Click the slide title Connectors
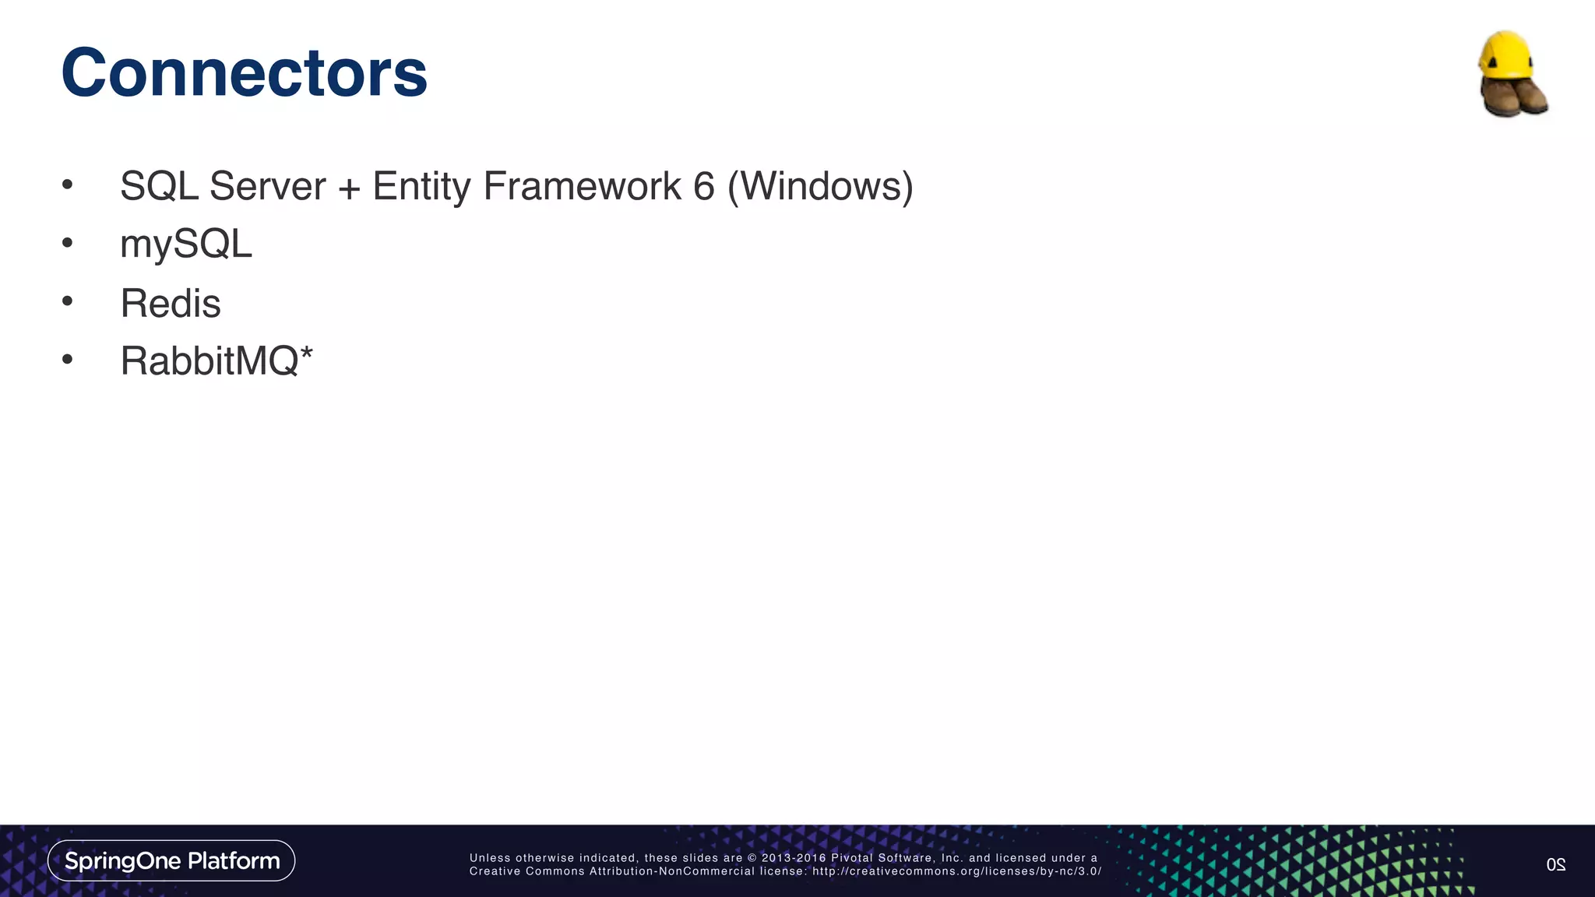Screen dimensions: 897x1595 [x=244, y=73]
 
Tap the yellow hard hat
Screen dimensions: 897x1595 [x=1506, y=55]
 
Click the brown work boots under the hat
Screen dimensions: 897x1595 [x=1513, y=97]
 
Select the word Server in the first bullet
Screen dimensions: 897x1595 [x=267, y=187]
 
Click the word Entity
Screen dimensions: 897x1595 [x=421, y=187]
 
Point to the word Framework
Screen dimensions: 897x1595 [x=582, y=187]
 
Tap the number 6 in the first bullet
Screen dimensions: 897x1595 [x=703, y=187]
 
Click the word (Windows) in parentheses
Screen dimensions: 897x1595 [x=820, y=187]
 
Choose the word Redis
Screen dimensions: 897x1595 [x=171, y=304]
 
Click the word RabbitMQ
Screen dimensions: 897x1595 [x=209, y=361]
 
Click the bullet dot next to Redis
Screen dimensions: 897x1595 [x=68, y=301]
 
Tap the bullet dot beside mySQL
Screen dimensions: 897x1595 [x=68, y=243]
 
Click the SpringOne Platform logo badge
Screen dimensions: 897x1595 [x=171, y=860]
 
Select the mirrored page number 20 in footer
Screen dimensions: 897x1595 [x=1555, y=864]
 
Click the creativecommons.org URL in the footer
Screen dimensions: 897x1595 [x=956, y=871]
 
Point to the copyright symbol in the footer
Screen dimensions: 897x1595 [x=752, y=858]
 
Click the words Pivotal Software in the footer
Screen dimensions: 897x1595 [x=879, y=858]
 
